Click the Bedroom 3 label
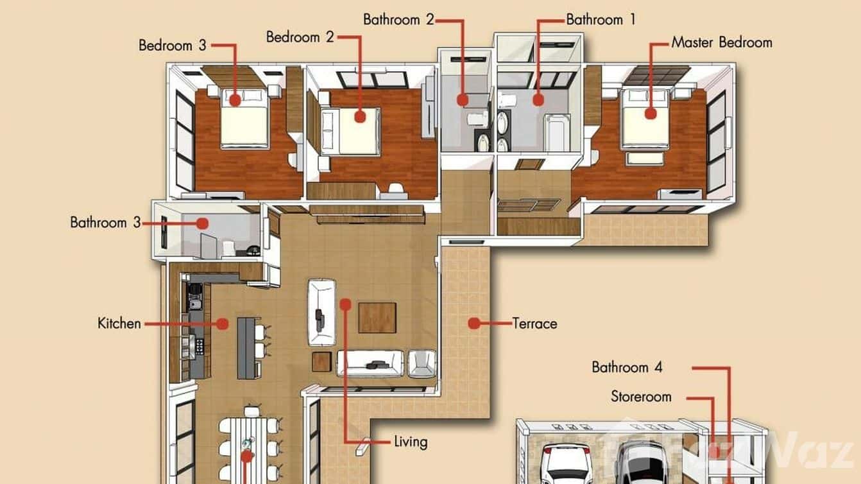(173, 46)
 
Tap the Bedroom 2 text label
(300, 37)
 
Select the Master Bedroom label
(722, 43)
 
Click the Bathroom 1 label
(601, 20)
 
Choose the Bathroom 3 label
(105, 223)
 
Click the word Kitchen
(119, 323)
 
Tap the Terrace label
(534, 324)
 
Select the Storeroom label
(641, 397)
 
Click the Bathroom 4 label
(627, 368)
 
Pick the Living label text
(411, 442)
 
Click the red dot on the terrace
(473, 323)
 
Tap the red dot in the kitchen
(222, 324)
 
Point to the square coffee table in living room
(377, 317)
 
